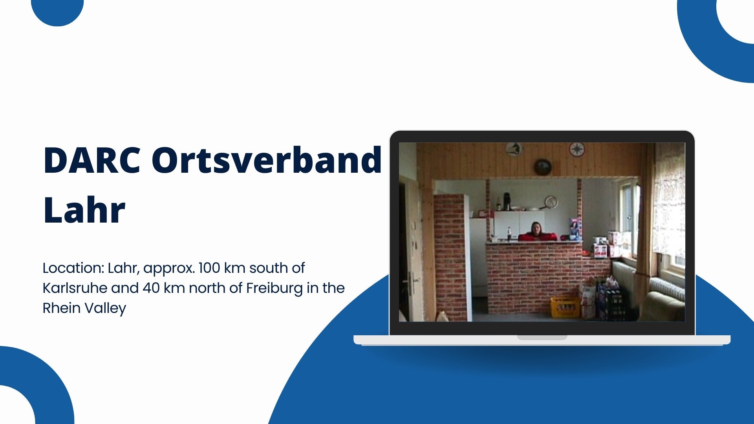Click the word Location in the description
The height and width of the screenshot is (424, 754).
pos(73,268)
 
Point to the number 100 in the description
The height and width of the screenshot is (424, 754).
pos(209,268)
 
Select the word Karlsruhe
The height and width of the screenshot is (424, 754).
pos(75,288)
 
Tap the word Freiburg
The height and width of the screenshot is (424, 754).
pos(275,288)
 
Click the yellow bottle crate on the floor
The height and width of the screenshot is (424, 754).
pos(565,307)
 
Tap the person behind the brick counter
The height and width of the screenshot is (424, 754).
pos(536,231)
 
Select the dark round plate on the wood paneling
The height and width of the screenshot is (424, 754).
pos(543,167)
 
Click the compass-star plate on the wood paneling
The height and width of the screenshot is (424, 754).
pos(577,149)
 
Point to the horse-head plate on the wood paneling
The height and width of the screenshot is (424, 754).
pos(513,149)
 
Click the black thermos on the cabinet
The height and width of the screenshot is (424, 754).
pos(507,201)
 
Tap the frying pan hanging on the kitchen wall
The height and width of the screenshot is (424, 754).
pos(550,202)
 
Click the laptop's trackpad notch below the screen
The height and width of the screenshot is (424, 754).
pos(542,337)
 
